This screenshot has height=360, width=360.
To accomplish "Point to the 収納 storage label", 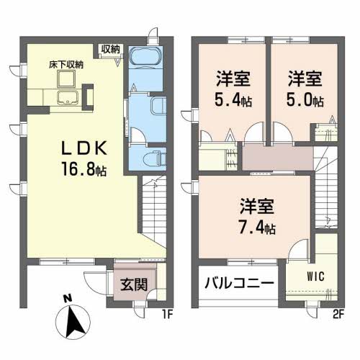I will [x=110, y=50].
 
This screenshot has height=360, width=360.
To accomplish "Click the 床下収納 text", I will [x=66, y=64].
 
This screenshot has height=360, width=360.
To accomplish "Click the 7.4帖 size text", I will [x=259, y=228].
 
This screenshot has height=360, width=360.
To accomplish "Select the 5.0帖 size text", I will [x=305, y=100].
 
